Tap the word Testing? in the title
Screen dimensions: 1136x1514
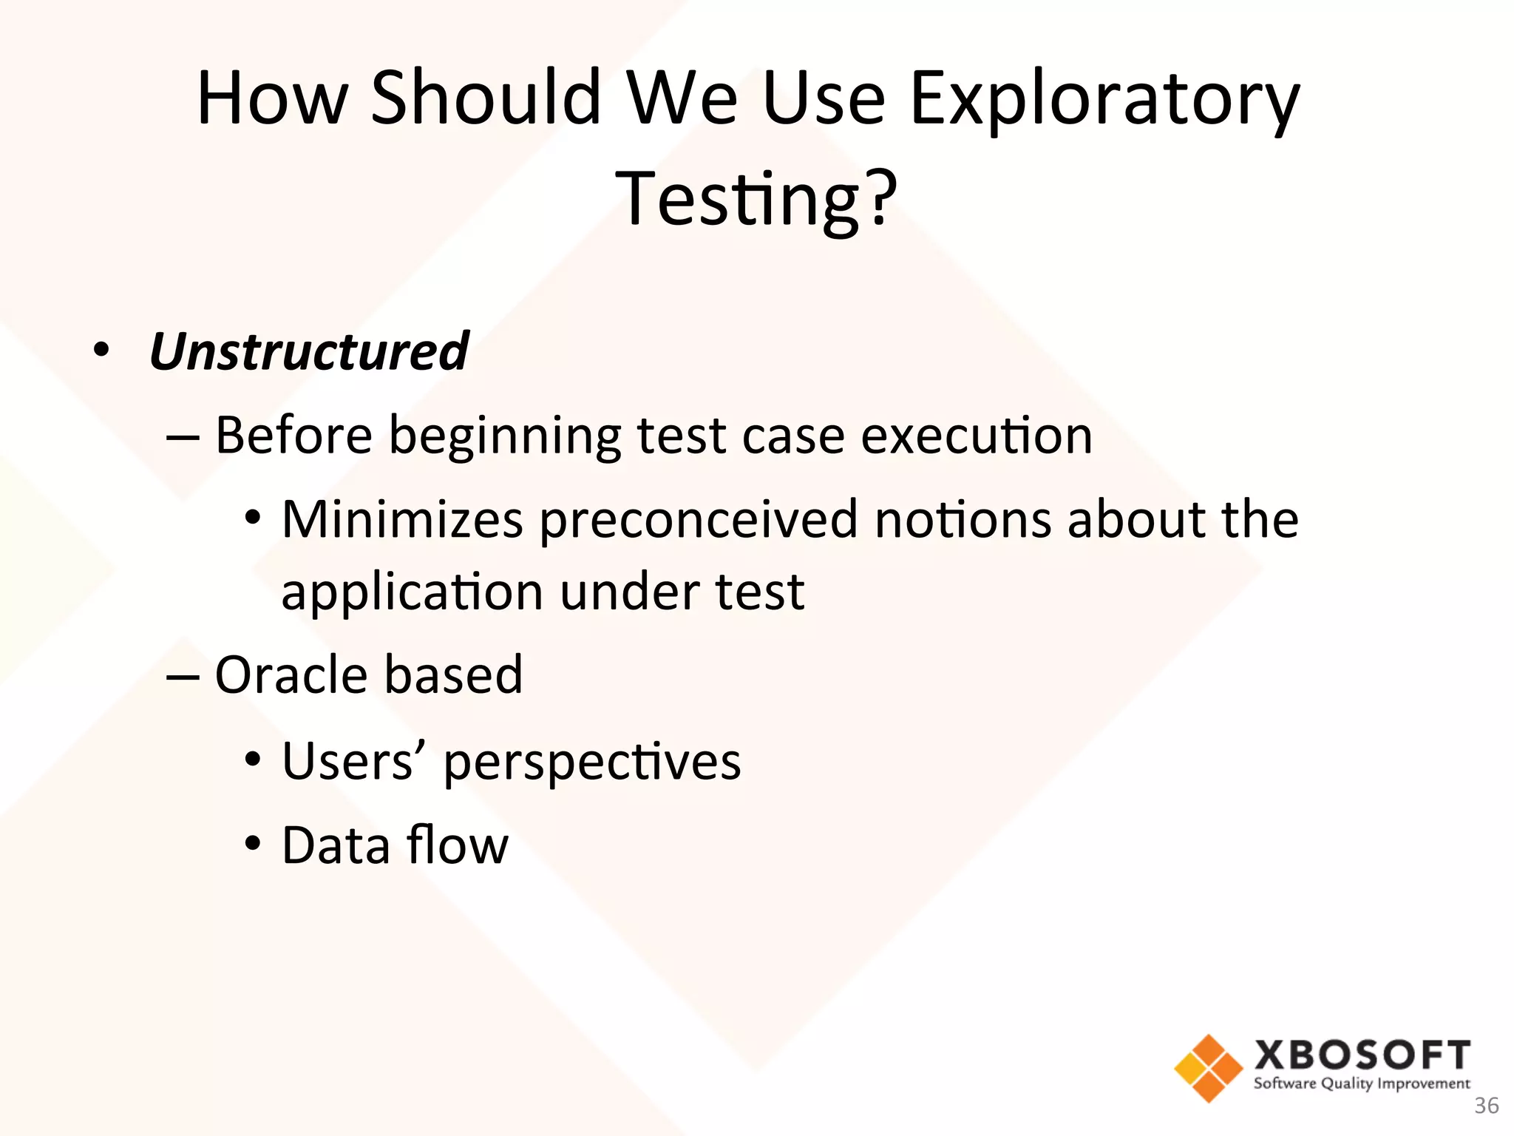756,198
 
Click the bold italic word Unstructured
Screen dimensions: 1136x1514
309,351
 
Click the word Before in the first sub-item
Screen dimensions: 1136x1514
293,435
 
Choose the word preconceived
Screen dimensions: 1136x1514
698,520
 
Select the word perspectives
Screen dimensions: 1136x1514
591,763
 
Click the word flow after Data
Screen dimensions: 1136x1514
457,845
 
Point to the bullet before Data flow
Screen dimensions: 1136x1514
253,842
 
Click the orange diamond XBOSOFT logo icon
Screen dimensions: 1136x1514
1208,1068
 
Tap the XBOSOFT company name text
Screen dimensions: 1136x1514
1362,1055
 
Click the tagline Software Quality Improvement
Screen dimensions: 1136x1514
1361,1083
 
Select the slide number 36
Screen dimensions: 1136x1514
1486,1106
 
